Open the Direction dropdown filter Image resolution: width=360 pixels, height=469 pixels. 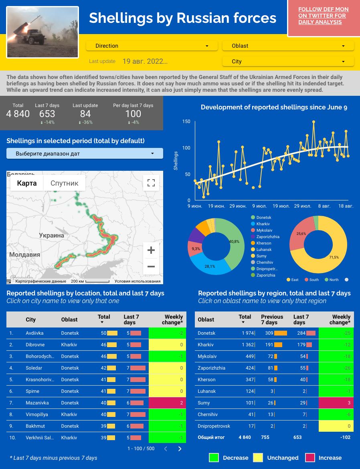(x=152, y=46)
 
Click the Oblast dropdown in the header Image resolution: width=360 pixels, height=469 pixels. (x=288, y=46)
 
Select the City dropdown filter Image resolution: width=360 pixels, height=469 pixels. (x=288, y=61)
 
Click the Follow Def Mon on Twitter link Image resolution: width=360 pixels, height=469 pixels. (x=323, y=16)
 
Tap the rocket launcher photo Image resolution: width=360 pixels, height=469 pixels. (x=42, y=32)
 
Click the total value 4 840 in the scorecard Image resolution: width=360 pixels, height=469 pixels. (x=18, y=114)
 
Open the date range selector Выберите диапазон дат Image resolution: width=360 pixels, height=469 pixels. (x=85, y=154)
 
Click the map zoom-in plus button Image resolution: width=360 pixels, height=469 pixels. (x=151, y=251)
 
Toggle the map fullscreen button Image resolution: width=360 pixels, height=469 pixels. (x=151, y=183)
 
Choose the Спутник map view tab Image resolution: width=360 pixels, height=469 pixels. (x=65, y=183)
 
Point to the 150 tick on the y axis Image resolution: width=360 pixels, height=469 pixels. (x=186, y=121)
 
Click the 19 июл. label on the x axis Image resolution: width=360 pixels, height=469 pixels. (x=281, y=206)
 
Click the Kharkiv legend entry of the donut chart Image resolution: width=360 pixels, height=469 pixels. (x=263, y=224)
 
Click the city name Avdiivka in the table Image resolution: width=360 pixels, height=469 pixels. (x=34, y=333)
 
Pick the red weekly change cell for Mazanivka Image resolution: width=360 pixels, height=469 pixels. (x=168, y=403)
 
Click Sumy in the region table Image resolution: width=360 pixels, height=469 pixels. (x=204, y=403)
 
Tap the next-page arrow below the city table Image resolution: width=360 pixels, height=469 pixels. (x=180, y=449)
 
